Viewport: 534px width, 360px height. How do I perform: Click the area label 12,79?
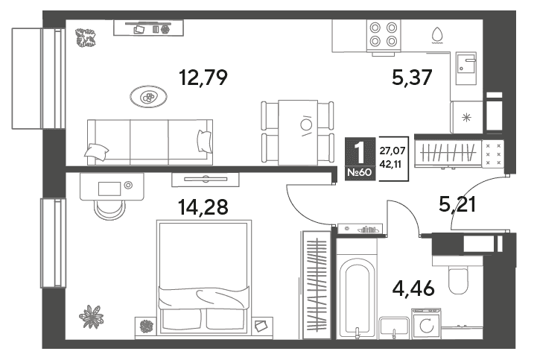pos(203,78)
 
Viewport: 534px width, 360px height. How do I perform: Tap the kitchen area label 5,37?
pos(412,78)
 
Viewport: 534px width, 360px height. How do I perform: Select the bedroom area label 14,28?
pos(203,207)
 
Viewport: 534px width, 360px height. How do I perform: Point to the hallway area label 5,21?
pos(457,204)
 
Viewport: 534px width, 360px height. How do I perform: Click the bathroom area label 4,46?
pos(413,288)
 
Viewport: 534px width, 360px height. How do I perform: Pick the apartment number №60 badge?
pos(360,172)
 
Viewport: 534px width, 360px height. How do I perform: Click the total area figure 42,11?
pos(390,164)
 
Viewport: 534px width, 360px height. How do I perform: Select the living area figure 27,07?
pos(392,151)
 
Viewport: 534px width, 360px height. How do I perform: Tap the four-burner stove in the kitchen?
pos(384,35)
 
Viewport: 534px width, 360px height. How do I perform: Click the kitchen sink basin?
pos(466,69)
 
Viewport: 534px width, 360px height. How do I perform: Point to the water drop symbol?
pos(437,36)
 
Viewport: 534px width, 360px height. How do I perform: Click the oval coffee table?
pos(148,97)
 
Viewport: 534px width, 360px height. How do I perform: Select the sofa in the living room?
pos(150,142)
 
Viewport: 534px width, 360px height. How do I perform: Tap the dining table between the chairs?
pos(298,132)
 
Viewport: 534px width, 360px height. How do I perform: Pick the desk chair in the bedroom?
pos(109,210)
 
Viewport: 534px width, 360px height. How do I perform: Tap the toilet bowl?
pos(458,280)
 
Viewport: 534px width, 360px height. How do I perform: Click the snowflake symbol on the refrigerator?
pos(466,118)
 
